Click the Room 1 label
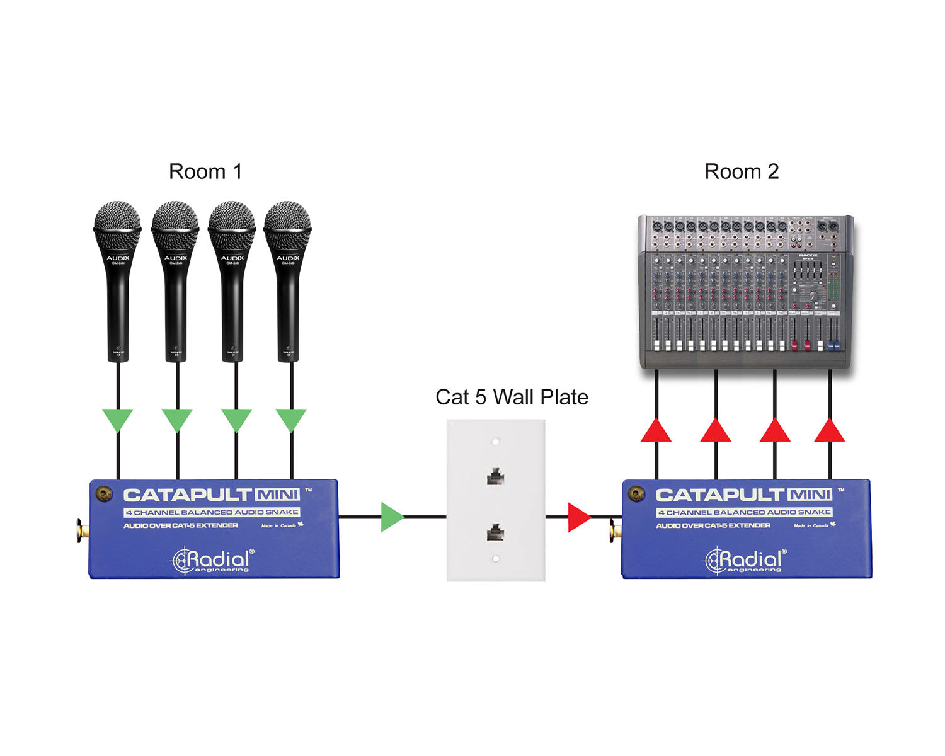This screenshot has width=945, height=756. [x=205, y=171]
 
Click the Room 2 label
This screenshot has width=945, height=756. [x=742, y=171]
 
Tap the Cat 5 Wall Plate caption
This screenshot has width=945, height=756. [x=512, y=397]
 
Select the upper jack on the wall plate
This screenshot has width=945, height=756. [x=496, y=476]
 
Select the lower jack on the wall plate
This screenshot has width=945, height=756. [x=496, y=533]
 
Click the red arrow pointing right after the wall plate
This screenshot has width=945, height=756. [x=578, y=517]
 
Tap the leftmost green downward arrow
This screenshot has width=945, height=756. [x=118, y=419]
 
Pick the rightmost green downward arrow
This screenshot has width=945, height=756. [x=291, y=419]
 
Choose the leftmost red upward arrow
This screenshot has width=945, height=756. [x=656, y=431]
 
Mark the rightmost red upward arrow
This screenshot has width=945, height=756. [x=830, y=431]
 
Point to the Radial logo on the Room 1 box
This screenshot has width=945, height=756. [x=212, y=559]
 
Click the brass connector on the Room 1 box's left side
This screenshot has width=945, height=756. [x=81, y=530]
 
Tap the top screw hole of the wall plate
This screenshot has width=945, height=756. [x=496, y=442]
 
